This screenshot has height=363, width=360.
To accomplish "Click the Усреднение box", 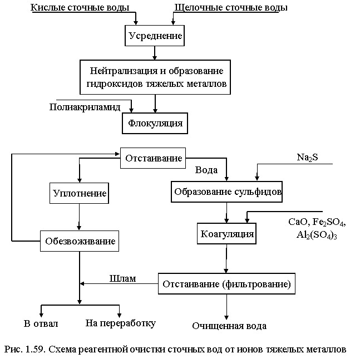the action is click(155, 36).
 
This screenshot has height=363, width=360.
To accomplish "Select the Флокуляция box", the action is click(155, 123).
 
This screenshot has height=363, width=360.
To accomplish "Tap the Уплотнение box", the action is click(79, 193).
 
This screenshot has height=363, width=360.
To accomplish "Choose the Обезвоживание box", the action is click(80, 241).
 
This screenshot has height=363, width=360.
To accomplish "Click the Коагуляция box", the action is click(226, 234).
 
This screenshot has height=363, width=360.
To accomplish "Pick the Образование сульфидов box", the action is click(226, 192).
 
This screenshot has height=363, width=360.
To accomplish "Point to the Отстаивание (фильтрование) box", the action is click(226, 283).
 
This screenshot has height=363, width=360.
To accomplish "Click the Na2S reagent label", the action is click(307, 158).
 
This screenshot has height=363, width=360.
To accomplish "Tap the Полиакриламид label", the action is click(85, 107).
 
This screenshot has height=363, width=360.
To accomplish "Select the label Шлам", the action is click(122, 278).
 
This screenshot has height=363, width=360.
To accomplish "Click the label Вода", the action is click(206, 170).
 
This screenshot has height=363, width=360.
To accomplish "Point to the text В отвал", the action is click(41, 323).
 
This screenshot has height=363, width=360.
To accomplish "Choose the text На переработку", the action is click(121, 323).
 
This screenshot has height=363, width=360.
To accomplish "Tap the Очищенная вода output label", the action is click(229, 326).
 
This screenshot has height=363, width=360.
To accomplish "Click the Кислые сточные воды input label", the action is click(80, 7).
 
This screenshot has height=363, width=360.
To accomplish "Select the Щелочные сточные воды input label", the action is click(231, 7).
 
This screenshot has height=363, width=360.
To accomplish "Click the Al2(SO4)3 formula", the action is click(317, 235).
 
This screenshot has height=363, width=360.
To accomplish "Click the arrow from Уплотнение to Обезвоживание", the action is click(79, 217).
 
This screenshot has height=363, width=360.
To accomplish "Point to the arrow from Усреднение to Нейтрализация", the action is click(155, 53).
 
